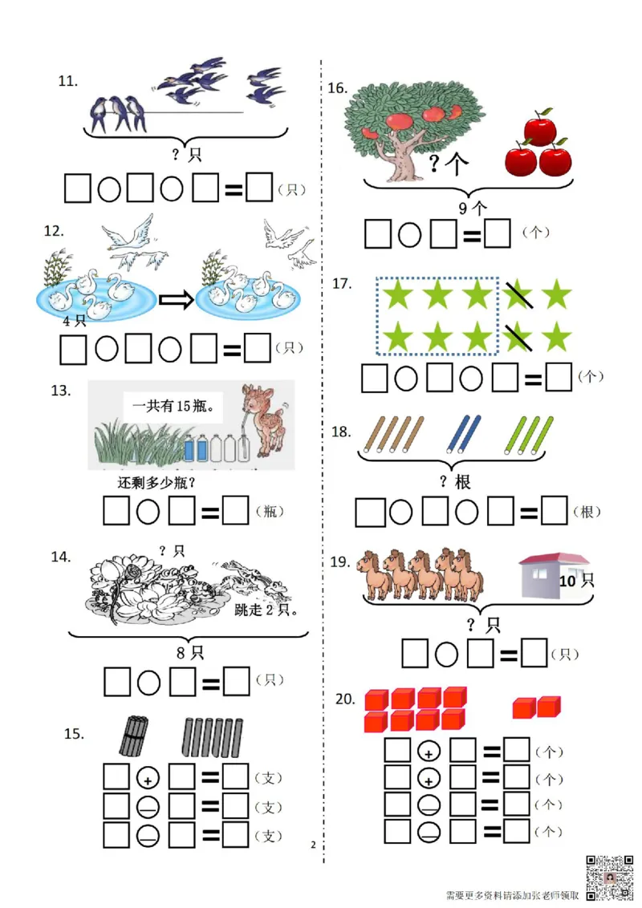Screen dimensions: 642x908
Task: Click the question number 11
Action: point(67,81)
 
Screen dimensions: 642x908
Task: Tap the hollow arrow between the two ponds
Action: point(176,300)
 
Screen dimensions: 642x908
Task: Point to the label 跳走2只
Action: point(266,610)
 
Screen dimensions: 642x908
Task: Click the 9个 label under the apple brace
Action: point(472,207)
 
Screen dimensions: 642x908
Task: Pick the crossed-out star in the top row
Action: point(517,294)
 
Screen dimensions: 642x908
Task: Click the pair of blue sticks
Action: point(464,434)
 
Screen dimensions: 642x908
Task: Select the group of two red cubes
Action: point(537,707)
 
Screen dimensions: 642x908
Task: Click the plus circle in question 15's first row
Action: point(148,778)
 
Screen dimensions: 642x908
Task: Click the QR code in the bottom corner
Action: point(609,878)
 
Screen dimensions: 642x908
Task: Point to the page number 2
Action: point(314,845)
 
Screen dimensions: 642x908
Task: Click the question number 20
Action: point(345,699)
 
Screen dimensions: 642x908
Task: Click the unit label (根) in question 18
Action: point(587,512)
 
